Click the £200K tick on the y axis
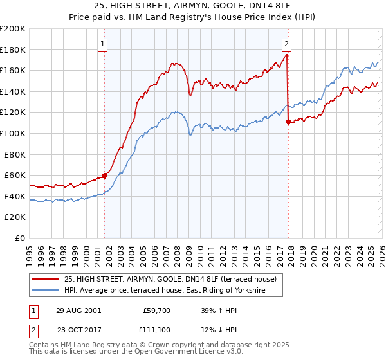tap(13, 29)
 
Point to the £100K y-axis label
tap(13, 133)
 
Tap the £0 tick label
tap(21, 238)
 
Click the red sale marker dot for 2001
tap(104, 175)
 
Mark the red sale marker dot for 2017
tap(288, 122)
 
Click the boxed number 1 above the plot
tap(103, 44)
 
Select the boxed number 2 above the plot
tap(286, 44)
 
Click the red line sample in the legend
tap(45, 279)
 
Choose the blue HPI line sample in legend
tap(45, 291)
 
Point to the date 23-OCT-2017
tap(78, 330)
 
